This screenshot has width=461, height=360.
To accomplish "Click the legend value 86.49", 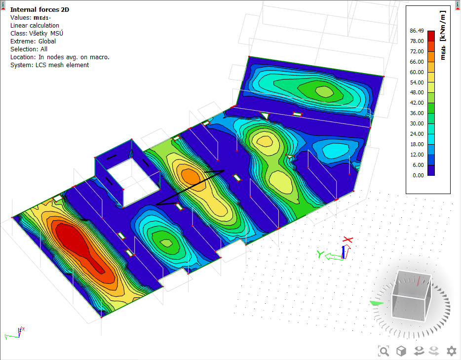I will click(x=417, y=30).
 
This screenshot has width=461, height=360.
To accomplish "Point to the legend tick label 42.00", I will click(x=417, y=103).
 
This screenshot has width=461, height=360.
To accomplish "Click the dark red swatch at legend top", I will click(x=431, y=36).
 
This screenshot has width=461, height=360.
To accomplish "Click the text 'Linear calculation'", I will click(x=35, y=25).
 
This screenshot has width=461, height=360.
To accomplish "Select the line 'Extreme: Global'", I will click(x=33, y=41).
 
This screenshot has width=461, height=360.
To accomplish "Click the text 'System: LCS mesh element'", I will click(x=49, y=65).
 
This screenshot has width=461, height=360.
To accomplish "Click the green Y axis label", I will click(x=320, y=254).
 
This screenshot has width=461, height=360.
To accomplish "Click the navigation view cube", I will click(x=411, y=294).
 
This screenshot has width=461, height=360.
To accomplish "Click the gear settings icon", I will click(x=451, y=351).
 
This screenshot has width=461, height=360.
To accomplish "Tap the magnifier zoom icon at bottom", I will click(x=384, y=351).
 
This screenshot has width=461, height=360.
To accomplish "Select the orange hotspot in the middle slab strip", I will click(x=189, y=175).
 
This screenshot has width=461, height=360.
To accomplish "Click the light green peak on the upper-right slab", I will click(x=323, y=91).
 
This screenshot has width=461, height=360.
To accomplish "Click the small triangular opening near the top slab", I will click(x=265, y=116).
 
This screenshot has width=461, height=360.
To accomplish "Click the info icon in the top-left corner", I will click(x=3, y=4).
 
